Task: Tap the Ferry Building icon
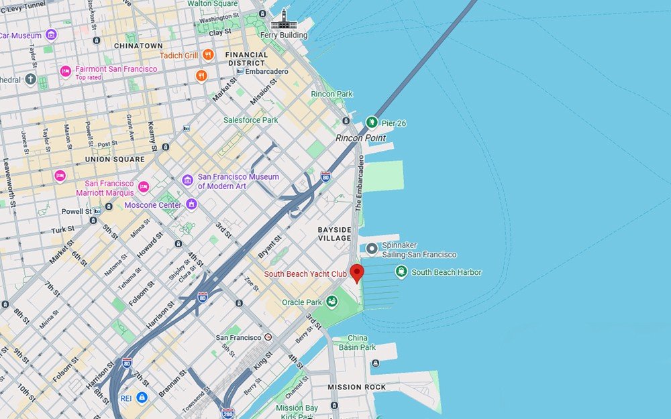[284, 19]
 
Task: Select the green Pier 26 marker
[372, 122]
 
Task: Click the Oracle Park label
[303, 302]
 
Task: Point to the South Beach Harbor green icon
[401, 272]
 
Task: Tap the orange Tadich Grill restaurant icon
[208, 55]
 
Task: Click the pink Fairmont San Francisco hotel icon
[65, 71]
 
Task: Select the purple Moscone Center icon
[192, 204]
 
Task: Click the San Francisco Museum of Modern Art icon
[188, 180]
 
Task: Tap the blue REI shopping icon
[142, 398]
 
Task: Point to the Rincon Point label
[361, 138]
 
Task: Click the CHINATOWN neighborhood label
[138, 46]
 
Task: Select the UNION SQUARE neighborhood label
[114, 160]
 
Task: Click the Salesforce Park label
[250, 120]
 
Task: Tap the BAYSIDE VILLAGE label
[334, 234]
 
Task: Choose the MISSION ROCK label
[356, 387]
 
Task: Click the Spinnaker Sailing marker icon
[372, 249]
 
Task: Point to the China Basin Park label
[358, 343]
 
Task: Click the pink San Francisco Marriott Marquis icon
[143, 187]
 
